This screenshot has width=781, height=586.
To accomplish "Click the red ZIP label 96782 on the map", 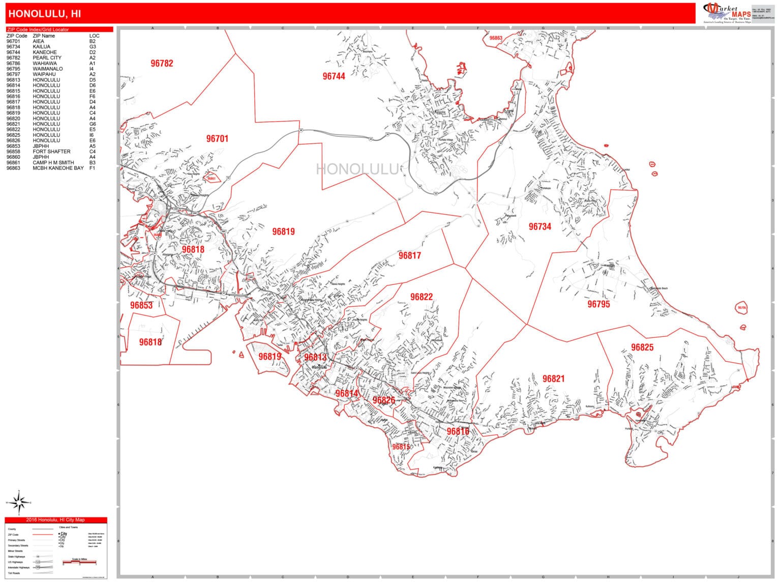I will pos(162,64).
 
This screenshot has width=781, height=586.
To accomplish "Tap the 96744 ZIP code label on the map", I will pos(334,76).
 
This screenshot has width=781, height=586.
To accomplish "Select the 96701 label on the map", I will pos(217,138).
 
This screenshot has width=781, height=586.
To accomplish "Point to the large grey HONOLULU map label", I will pos(358,169).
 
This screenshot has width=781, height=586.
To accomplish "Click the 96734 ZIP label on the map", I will pos(539,227).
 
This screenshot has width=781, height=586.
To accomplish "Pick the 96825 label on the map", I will pos(642,347).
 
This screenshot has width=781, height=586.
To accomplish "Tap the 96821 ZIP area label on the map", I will pos(553,379).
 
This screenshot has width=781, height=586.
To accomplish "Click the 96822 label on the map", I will pos(421,297).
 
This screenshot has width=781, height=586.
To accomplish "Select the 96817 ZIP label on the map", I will pos(409,256).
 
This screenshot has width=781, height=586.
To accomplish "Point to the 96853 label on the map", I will pos(141,306).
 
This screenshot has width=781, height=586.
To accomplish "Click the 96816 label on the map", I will pos(458,431).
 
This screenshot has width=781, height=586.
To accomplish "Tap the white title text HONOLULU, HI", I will pos(45,14).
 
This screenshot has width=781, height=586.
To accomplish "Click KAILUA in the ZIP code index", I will pos(42,47).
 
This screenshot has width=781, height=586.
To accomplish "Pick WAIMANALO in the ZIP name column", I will pos(48,69).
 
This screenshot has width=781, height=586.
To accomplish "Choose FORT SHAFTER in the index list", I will pos(51,152).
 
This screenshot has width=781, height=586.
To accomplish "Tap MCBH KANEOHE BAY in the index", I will pos(58,168).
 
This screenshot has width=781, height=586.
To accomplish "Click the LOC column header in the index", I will pos(94,36).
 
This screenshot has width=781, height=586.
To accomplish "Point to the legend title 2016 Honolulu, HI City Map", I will pos(56,520).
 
